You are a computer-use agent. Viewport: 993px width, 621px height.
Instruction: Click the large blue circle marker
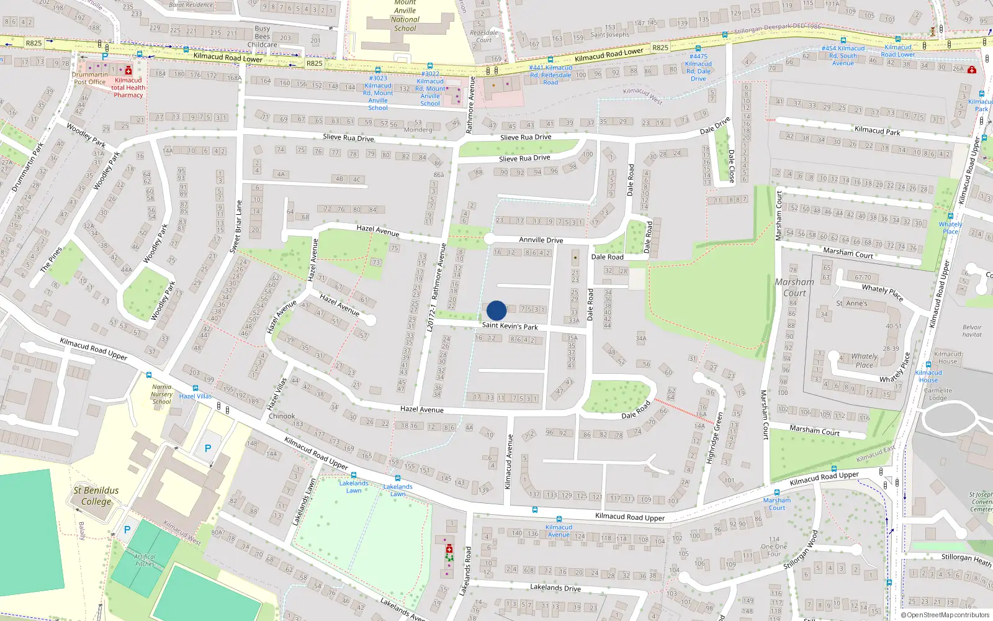496,310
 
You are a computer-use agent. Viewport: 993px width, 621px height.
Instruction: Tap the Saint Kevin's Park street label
510,325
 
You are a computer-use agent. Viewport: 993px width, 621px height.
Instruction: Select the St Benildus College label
96,496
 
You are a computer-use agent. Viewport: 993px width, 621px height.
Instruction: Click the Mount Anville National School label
405,16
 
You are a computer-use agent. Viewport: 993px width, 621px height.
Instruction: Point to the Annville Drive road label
541,240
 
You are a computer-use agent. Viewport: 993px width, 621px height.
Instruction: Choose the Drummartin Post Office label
90,78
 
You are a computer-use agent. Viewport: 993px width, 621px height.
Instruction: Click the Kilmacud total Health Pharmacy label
128,88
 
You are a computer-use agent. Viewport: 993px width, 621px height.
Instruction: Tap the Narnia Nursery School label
161,394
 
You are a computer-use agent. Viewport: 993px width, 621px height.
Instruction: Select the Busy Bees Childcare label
263,37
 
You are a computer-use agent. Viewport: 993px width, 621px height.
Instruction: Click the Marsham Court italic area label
794,287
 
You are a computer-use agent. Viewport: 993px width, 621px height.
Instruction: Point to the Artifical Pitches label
145,560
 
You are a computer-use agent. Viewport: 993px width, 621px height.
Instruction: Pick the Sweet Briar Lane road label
236,226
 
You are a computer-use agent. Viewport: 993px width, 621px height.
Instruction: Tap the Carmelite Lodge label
938,394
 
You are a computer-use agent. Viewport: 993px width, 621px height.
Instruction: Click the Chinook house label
282,416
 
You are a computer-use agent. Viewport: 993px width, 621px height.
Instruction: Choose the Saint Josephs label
609,35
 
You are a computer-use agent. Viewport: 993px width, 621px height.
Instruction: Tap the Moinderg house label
418,129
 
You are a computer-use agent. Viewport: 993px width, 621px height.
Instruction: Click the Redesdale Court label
483,37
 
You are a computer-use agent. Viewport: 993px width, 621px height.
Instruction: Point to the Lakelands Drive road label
555,587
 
